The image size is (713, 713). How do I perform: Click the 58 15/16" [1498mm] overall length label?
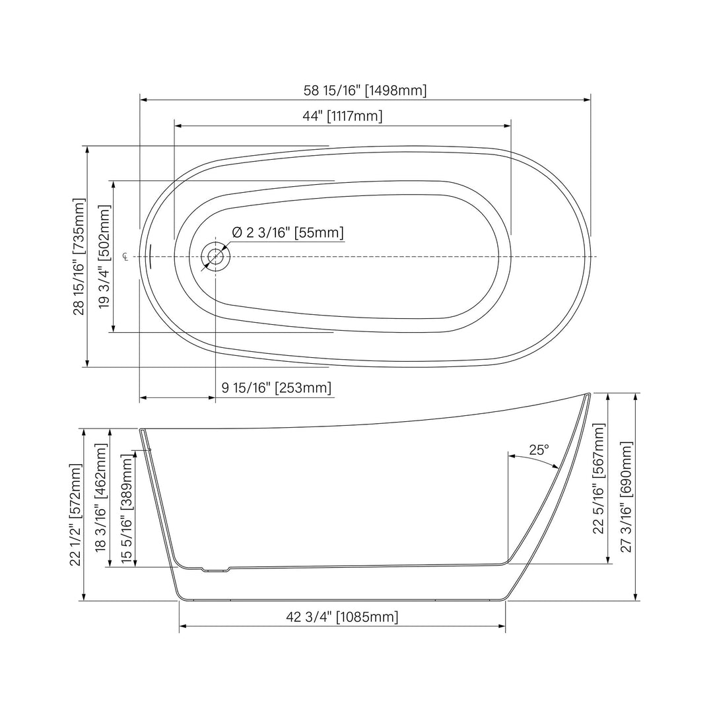365,90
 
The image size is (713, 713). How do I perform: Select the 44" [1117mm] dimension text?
342,116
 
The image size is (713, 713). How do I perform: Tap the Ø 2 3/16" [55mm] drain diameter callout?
288,232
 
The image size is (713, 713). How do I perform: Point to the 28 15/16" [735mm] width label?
79,256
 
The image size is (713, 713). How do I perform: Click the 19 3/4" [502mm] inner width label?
104,256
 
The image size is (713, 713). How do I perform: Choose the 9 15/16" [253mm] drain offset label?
276,388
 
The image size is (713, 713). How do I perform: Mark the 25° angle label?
539,450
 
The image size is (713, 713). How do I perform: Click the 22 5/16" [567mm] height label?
599,479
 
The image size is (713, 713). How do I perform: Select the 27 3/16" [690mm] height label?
627,496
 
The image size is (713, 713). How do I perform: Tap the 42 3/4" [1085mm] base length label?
342,617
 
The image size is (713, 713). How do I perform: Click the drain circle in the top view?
215,256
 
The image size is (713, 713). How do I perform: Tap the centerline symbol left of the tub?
125,256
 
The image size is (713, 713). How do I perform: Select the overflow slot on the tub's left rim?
151,256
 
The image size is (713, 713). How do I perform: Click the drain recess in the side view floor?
215,570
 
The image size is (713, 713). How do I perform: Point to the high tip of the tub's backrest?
587,395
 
